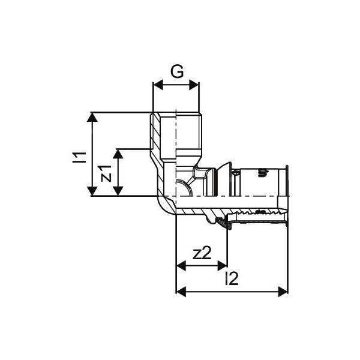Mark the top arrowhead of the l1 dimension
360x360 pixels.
[x=91, y=116]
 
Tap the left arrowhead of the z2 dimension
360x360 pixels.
[x=179, y=265]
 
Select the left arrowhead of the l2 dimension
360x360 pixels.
[x=179, y=292]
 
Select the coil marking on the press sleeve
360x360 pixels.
[x=261, y=175]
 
